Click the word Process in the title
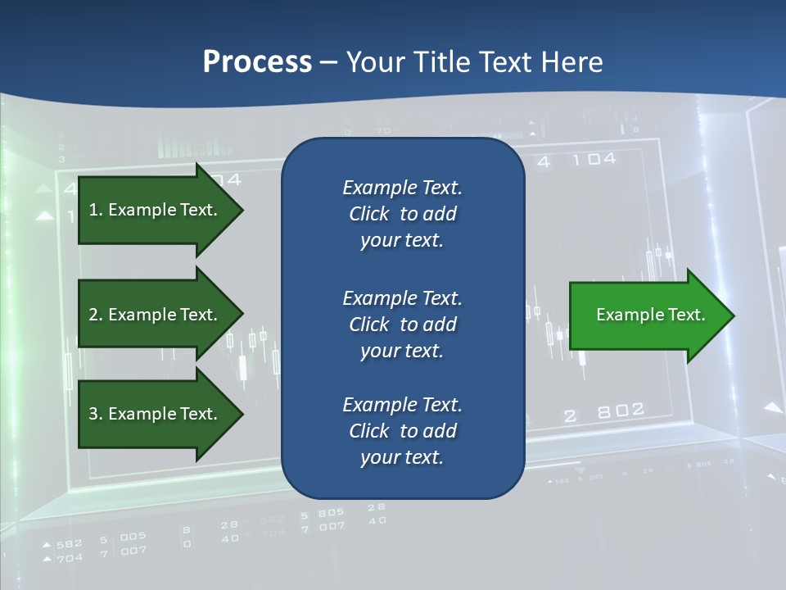[257, 62]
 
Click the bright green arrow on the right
[647, 315]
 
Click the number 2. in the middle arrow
[95, 315]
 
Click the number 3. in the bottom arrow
[95, 414]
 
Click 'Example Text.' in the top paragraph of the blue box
[402, 188]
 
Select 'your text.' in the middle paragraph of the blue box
[402, 351]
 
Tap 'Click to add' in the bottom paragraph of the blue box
[402, 431]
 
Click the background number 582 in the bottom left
[70, 543]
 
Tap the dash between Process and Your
[329, 62]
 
